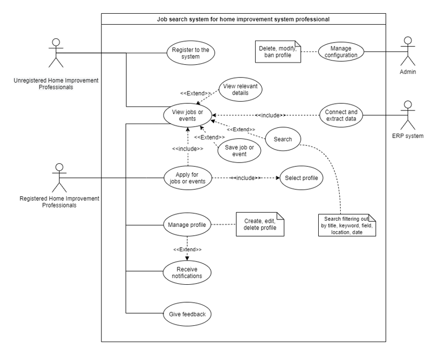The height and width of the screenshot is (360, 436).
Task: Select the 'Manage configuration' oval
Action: (x=340, y=51)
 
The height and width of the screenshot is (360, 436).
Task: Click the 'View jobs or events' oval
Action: (x=188, y=115)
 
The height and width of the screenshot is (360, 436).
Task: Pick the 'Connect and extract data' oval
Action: (x=341, y=114)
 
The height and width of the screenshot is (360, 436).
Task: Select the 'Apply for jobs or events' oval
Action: (x=188, y=177)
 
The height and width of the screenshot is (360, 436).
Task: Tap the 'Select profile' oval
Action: (x=301, y=177)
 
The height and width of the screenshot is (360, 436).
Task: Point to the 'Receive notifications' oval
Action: (x=188, y=272)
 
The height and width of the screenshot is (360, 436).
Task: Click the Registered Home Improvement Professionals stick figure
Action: (x=59, y=177)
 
